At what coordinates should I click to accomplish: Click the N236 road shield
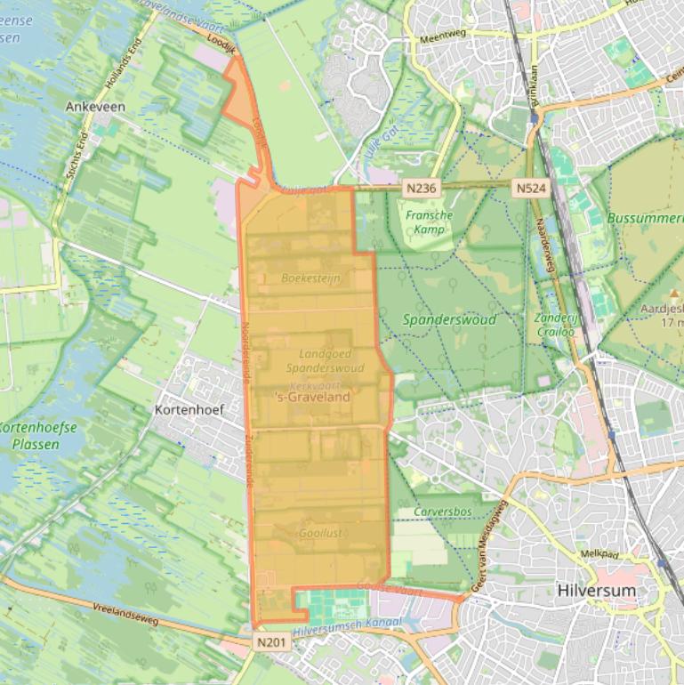422,189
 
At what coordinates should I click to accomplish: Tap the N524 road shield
531,189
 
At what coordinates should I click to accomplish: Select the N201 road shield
271,641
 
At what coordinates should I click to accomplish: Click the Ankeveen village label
95,106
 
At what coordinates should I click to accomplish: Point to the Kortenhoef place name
189,410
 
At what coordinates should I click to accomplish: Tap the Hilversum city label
596,590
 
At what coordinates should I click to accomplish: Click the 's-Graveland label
313,397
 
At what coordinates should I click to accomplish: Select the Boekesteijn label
311,278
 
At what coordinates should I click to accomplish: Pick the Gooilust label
320,532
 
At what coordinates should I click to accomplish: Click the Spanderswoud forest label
449,319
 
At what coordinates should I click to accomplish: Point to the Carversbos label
442,512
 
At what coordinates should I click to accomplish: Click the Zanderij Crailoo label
554,325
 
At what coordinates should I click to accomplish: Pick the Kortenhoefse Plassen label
37,436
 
